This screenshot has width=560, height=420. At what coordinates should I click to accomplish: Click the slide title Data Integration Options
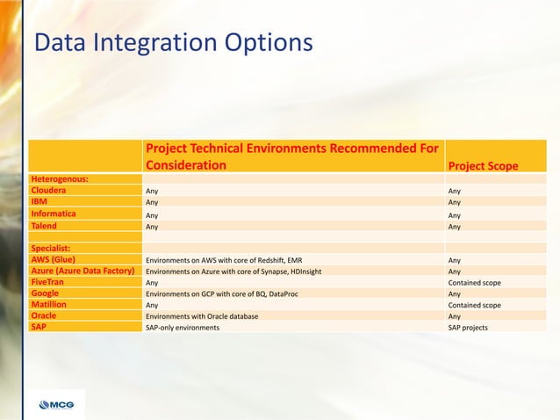click(x=172, y=42)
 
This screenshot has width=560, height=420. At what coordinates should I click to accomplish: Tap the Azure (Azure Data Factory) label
click(x=85, y=272)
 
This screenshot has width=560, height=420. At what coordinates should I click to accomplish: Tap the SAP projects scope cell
click(x=468, y=328)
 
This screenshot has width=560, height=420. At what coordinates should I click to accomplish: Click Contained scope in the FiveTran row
click(x=474, y=283)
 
